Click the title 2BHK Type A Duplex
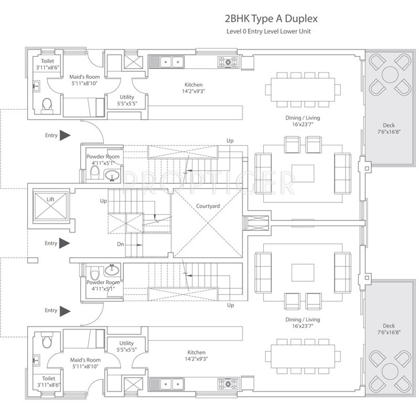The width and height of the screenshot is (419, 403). [271, 19]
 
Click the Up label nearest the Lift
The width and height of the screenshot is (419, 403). [104, 201]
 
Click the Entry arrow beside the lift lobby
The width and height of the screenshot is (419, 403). [65, 243]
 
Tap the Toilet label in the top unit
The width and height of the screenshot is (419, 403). [45, 61]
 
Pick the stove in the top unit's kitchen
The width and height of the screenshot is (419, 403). [228, 62]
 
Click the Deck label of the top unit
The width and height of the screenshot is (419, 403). [388, 125]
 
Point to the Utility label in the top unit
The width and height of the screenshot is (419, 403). [126, 97]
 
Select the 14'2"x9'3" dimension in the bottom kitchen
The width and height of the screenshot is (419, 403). [194, 359]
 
